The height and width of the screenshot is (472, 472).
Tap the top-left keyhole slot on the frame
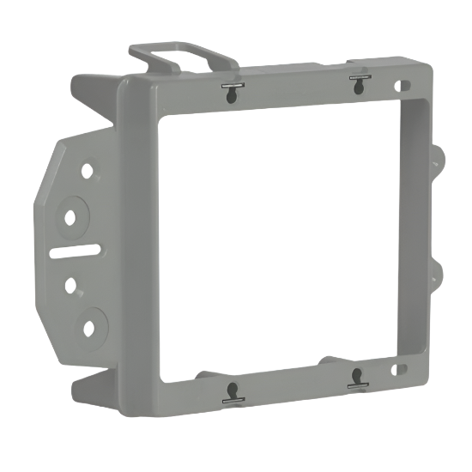(229, 93)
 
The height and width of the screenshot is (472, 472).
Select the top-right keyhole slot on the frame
(357, 85)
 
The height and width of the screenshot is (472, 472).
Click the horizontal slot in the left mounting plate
(76, 252)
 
